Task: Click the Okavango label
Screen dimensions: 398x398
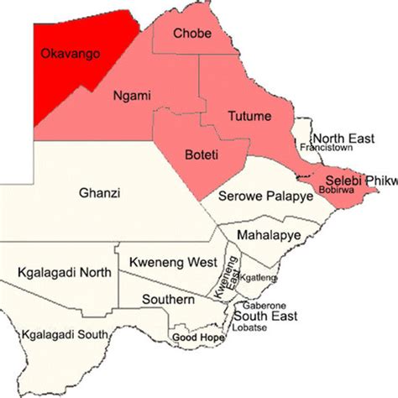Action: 71,55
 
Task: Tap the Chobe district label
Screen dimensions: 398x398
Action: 192,34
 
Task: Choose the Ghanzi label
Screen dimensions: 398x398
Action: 99,194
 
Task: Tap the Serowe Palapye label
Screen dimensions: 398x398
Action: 265,196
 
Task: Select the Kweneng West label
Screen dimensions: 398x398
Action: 173,263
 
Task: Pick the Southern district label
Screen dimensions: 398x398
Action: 167,299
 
